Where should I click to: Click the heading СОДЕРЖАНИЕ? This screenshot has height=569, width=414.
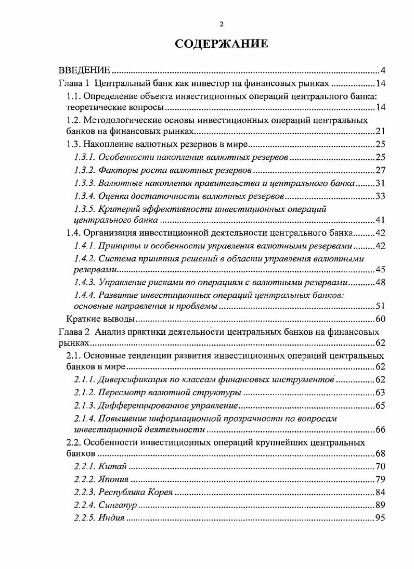click(x=222, y=44)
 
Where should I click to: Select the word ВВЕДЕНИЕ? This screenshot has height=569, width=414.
click(x=84, y=71)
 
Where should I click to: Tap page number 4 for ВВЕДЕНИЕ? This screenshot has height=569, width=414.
click(x=382, y=71)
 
